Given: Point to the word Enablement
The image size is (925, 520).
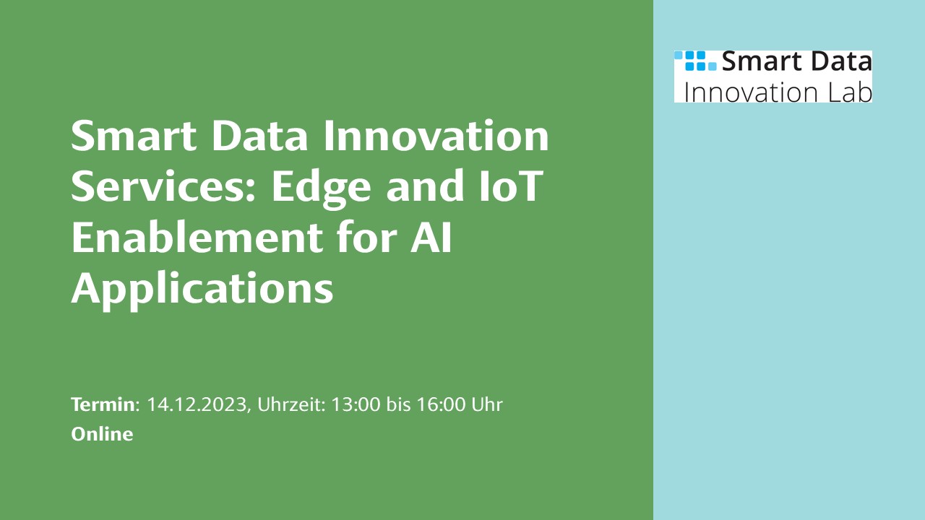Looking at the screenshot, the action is point(197,236).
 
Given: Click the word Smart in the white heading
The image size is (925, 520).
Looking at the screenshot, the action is point(134,135).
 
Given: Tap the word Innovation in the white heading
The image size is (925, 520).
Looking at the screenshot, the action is point(436,135).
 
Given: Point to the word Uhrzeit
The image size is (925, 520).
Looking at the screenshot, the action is point(291,404).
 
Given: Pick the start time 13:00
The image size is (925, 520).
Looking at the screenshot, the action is point(356,404).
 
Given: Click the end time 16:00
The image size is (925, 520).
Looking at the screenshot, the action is point(441,404).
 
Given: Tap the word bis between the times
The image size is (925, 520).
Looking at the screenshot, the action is point(398,404).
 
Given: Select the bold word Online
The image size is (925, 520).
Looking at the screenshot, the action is point(102,434).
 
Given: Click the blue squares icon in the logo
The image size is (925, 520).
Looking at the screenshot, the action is point(696,61).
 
